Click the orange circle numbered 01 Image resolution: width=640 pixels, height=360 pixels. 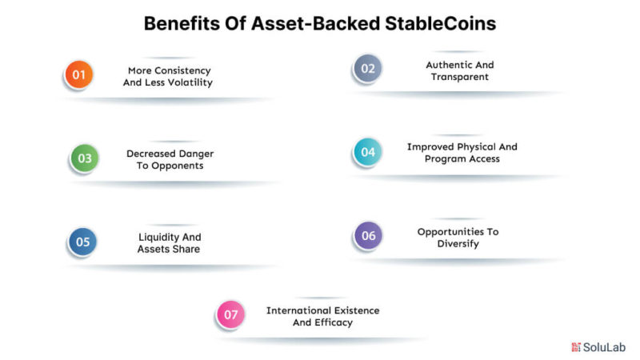tap(78, 74)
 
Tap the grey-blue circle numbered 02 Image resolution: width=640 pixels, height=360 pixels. tap(368, 68)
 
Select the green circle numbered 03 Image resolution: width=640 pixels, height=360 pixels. tap(85, 158)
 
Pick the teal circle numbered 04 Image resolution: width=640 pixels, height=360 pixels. tap(368, 152)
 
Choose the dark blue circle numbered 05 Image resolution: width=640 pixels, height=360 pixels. tap(82, 242)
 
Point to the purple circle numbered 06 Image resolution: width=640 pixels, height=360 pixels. tap(368, 235)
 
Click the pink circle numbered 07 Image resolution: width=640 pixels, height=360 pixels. tap(230, 314)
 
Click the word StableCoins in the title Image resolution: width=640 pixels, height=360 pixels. tap(441, 23)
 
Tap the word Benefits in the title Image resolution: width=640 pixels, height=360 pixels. tap(182, 23)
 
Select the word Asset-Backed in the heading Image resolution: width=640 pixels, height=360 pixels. tap(315, 23)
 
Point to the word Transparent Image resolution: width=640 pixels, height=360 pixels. tap(459, 77)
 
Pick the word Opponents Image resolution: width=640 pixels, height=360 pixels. tap(177, 166)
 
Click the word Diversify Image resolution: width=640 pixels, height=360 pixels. tap(458, 244)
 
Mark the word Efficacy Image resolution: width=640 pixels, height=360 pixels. tap(333, 323)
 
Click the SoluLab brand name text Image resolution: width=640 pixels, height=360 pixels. tap(604, 347)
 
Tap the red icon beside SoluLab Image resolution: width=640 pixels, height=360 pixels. tap(576, 347)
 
